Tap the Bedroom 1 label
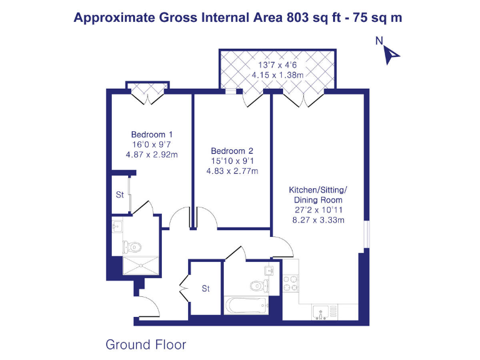click(x=152, y=134)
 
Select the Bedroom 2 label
click(x=232, y=151)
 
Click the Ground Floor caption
click(x=146, y=344)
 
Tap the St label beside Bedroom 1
click(x=119, y=194)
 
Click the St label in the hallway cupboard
click(x=205, y=289)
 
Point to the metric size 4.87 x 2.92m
click(x=152, y=154)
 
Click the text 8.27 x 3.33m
click(x=317, y=219)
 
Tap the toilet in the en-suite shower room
click(x=128, y=246)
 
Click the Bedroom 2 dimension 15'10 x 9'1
click(x=232, y=161)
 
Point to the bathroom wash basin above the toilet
click(x=268, y=271)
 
